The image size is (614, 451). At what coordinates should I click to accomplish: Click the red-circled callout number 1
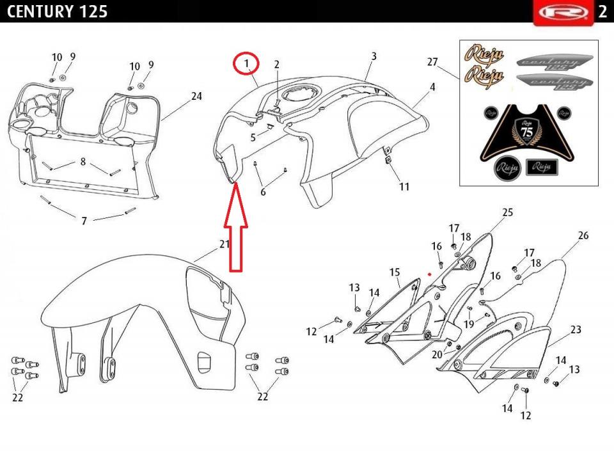coord(246,63)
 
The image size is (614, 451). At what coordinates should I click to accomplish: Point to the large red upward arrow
coord(236,227)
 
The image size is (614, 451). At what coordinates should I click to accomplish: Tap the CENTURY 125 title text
coord(57,12)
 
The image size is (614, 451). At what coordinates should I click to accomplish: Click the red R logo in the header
coord(564,13)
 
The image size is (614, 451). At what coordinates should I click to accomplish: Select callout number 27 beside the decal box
coord(432,62)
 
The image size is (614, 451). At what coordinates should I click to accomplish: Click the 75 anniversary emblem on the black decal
coord(528,131)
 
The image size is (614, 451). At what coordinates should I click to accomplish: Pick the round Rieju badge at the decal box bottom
coord(507,168)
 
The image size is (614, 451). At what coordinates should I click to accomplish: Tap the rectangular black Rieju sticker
coord(542,167)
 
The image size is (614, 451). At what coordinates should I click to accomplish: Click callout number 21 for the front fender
coord(224,244)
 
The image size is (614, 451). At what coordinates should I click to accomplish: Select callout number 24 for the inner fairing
coord(196,96)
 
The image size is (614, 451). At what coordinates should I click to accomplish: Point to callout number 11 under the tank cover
coord(404,187)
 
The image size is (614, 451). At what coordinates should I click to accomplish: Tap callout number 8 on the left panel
coord(83,161)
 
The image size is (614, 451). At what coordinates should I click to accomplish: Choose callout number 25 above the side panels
coord(507,212)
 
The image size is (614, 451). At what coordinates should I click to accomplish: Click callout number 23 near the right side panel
coord(576,329)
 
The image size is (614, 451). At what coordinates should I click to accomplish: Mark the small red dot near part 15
coord(430,274)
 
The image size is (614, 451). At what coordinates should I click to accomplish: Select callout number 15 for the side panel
coord(395,272)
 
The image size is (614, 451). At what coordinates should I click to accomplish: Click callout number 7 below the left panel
coord(84,221)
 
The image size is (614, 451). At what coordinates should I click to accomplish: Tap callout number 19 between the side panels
coord(469,324)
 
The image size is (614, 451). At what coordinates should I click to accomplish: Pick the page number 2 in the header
coord(602,12)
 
